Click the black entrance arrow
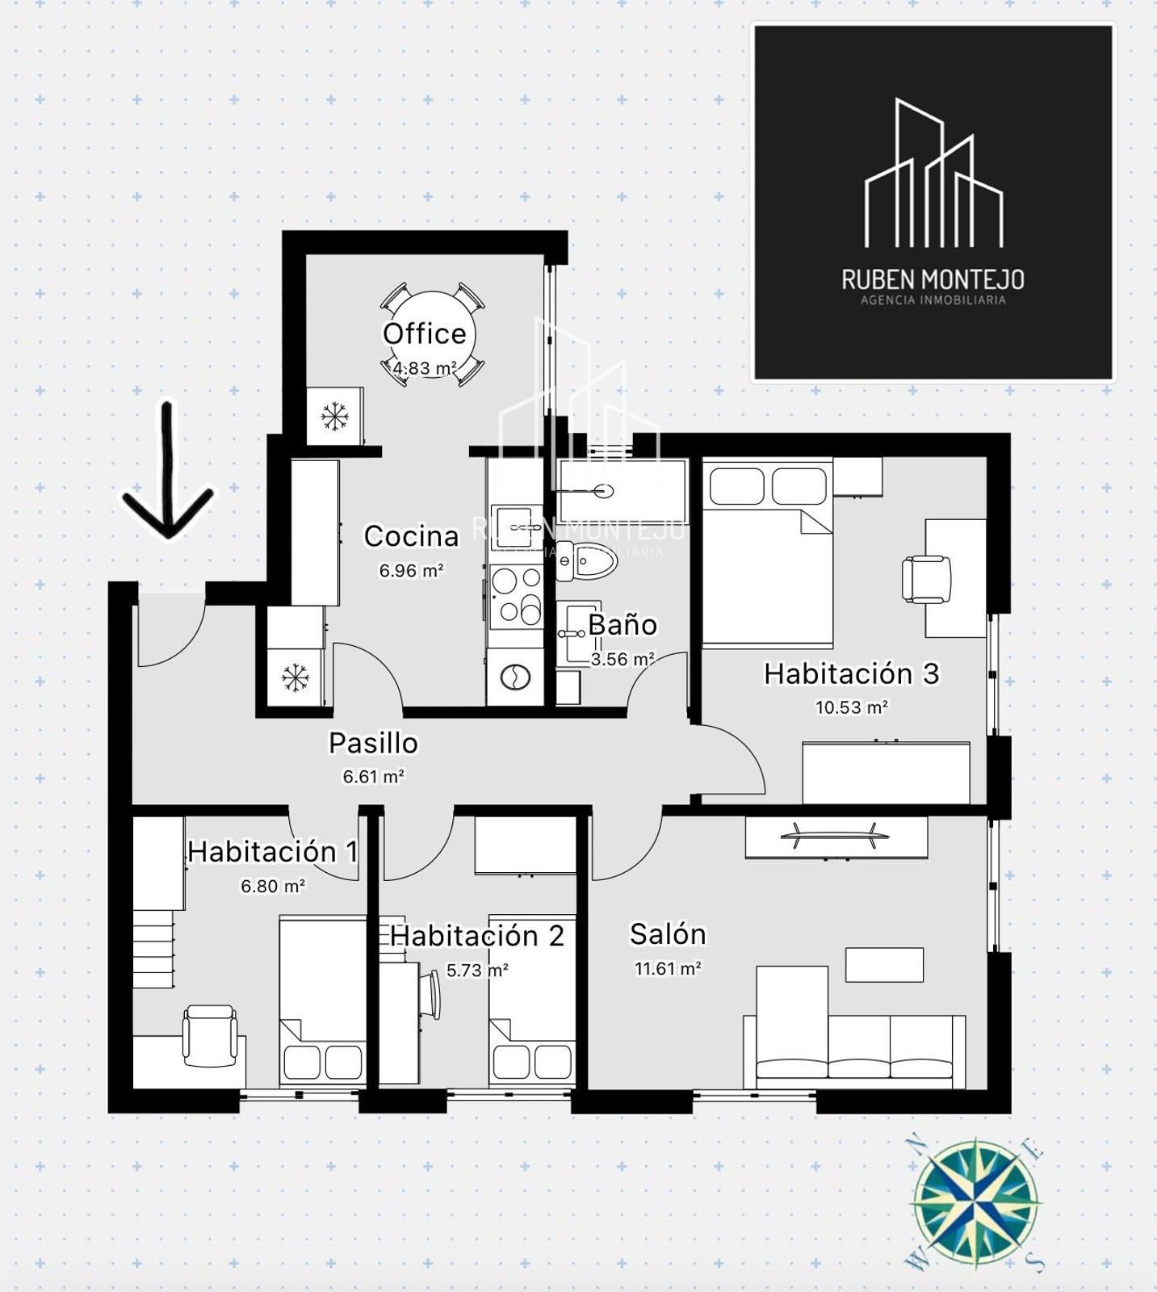click(x=168, y=472)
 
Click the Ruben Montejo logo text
click(x=933, y=279)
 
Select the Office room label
click(x=425, y=333)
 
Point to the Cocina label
click(x=411, y=536)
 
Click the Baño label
click(x=622, y=624)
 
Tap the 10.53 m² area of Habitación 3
click(x=851, y=707)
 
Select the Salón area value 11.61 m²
click(x=668, y=968)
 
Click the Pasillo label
click(x=373, y=743)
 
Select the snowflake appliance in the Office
click(x=334, y=415)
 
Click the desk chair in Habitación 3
click(x=926, y=579)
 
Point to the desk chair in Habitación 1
click(x=211, y=1035)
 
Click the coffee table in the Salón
click(x=884, y=965)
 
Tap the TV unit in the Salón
click(x=836, y=837)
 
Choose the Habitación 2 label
click(x=476, y=936)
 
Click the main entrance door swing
click(x=171, y=631)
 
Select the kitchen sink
click(x=516, y=526)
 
